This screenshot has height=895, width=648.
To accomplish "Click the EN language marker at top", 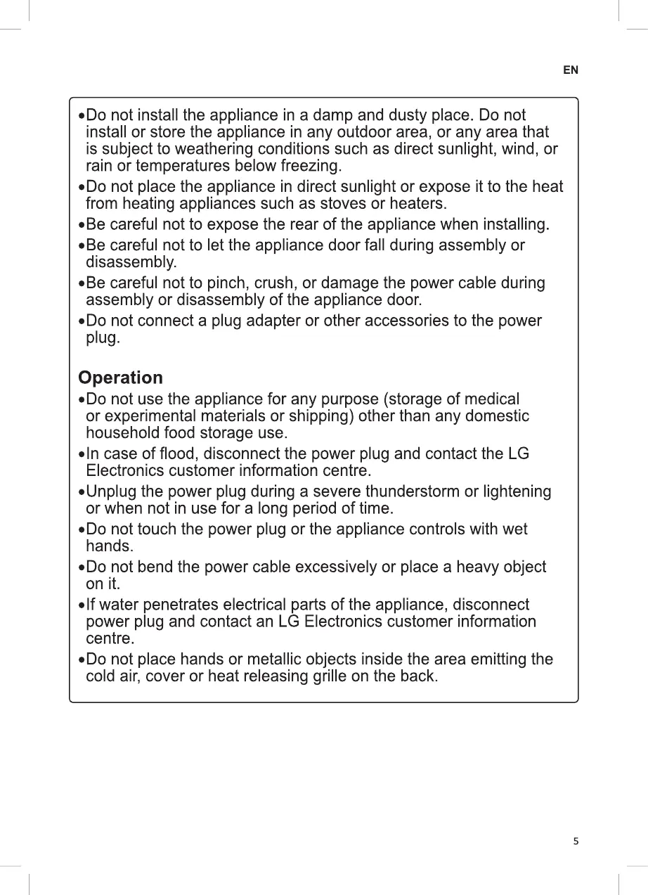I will point(571,70).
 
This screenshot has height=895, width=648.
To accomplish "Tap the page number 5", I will point(576,841).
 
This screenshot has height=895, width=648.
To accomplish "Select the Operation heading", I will point(120,378).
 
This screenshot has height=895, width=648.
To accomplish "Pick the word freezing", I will point(311,167).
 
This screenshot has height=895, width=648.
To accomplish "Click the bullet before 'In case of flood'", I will point(82,455).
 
